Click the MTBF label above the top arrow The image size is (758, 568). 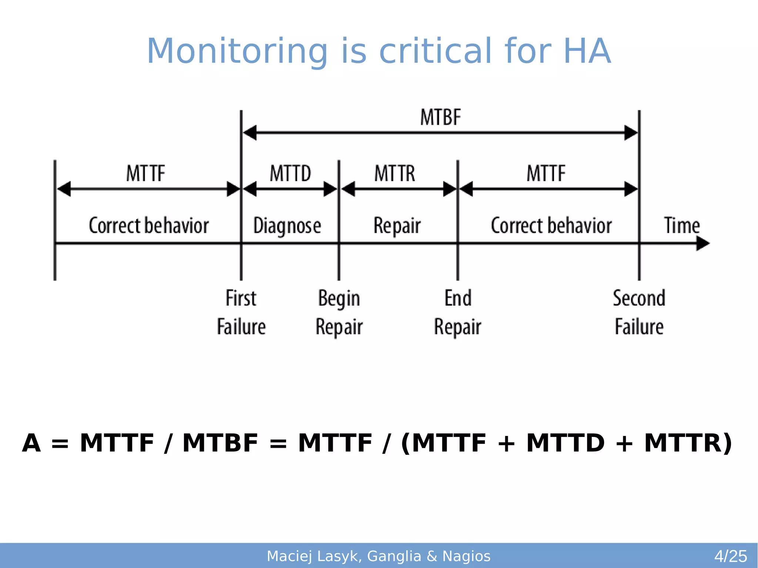point(440,118)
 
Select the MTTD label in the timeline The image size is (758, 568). point(290,174)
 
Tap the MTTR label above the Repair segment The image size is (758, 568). point(395,174)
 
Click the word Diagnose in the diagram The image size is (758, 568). point(287,226)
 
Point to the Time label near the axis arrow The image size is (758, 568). point(682,225)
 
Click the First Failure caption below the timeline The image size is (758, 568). point(241,312)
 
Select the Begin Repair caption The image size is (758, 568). point(339,312)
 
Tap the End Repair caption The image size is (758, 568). point(458,312)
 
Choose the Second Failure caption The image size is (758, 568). point(639,312)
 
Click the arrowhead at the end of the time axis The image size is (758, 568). point(702,243)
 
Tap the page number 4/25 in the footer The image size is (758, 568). point(731,556)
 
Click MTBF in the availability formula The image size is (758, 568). point(220,443)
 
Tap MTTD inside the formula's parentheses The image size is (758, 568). point(565,443)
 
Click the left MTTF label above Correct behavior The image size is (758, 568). point(145,174)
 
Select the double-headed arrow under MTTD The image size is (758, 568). point(290,189)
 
